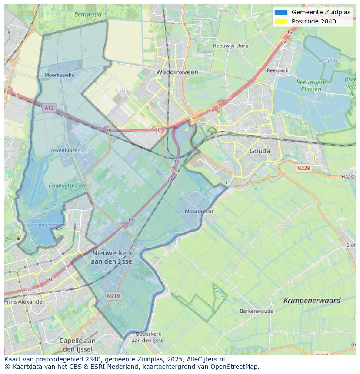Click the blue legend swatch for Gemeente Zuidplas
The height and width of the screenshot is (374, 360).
[x=281, y=12]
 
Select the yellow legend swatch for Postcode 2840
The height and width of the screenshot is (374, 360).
[x=281, y=21]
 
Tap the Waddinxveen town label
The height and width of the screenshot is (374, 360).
[x=177, y=72]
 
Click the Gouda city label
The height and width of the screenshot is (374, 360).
[x=260, y=151]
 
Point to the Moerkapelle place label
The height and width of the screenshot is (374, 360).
[x=59, y=75]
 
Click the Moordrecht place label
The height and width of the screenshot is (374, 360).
[x=199, y=211]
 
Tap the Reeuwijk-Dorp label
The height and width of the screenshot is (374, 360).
[x=230, y=46]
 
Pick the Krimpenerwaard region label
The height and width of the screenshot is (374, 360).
[x=312, y=300]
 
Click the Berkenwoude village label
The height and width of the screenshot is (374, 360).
[x=257, y=311]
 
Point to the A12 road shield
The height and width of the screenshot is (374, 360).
[x=49, y=107]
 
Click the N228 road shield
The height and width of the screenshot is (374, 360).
[x=304, y=168]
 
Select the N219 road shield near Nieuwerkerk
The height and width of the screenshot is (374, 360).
[x=114, y=295]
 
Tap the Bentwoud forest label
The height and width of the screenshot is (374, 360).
[x=88, y=14]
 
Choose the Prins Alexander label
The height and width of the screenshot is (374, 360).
[x=25, y=301]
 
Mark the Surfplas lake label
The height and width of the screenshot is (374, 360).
[x=327, y=60]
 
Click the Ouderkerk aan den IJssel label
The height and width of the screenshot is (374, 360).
[x=148, y=337]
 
